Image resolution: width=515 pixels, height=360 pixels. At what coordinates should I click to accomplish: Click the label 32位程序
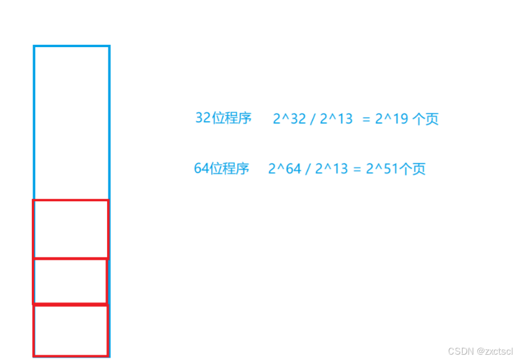[223, 118]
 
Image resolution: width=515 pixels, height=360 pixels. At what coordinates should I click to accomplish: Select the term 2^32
[289, 119]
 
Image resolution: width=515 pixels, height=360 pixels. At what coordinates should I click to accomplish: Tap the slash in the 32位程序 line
[313, 119]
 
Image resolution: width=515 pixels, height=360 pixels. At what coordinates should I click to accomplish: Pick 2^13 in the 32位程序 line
[336, 119]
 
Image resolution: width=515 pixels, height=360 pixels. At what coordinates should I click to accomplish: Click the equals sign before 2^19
[366, 119]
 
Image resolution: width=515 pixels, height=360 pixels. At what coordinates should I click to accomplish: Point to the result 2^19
[392, 119]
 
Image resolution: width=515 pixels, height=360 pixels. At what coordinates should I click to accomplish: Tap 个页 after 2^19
[426, 119]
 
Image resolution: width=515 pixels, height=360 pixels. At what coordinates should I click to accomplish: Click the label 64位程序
[222, 169]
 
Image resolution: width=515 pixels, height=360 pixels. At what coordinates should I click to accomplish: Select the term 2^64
[285, 169]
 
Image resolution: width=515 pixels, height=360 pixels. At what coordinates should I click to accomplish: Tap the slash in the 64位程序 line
[309, 169]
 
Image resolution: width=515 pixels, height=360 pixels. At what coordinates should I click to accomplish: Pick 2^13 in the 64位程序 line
[332, 169]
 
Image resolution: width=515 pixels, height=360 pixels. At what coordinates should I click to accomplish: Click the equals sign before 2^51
[357, 169]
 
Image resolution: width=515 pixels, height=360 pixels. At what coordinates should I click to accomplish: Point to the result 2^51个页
[396, 169]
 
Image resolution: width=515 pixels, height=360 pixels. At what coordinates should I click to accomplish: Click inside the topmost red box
[71, 229]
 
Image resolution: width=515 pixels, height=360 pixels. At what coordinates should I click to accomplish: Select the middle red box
[70, 281]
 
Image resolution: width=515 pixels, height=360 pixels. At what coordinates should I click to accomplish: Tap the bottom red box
[71, 330]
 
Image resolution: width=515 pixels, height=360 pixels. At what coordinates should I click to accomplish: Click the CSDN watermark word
[461, 351]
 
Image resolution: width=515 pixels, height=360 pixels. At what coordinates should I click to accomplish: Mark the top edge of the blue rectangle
[71, 46]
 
